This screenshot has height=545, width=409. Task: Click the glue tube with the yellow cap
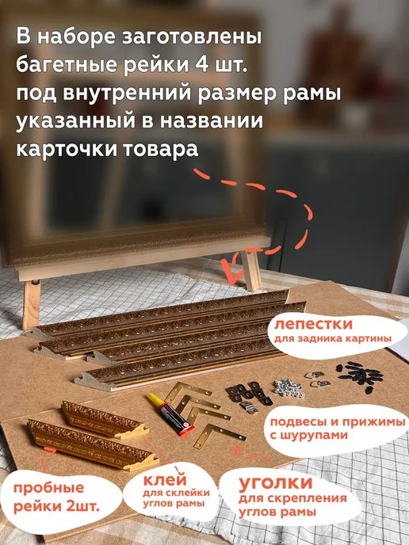pos(170,414)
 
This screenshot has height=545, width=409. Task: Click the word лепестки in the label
pos(313,324)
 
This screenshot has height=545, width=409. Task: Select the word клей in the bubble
pos(165,480)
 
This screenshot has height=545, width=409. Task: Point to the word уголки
pos(276,483)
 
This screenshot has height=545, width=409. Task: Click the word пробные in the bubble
pos(48,488)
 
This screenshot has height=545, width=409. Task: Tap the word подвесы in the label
pos(299,423)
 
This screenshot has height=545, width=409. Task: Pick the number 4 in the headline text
pos(200,65)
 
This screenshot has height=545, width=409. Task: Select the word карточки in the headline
pos(66,150)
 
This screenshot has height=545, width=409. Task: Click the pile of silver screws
pos(289,388)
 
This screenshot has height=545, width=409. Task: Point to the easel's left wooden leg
pos(31,305)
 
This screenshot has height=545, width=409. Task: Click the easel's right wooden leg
pos(251,269)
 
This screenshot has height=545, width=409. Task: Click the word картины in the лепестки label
pos(370,339)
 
